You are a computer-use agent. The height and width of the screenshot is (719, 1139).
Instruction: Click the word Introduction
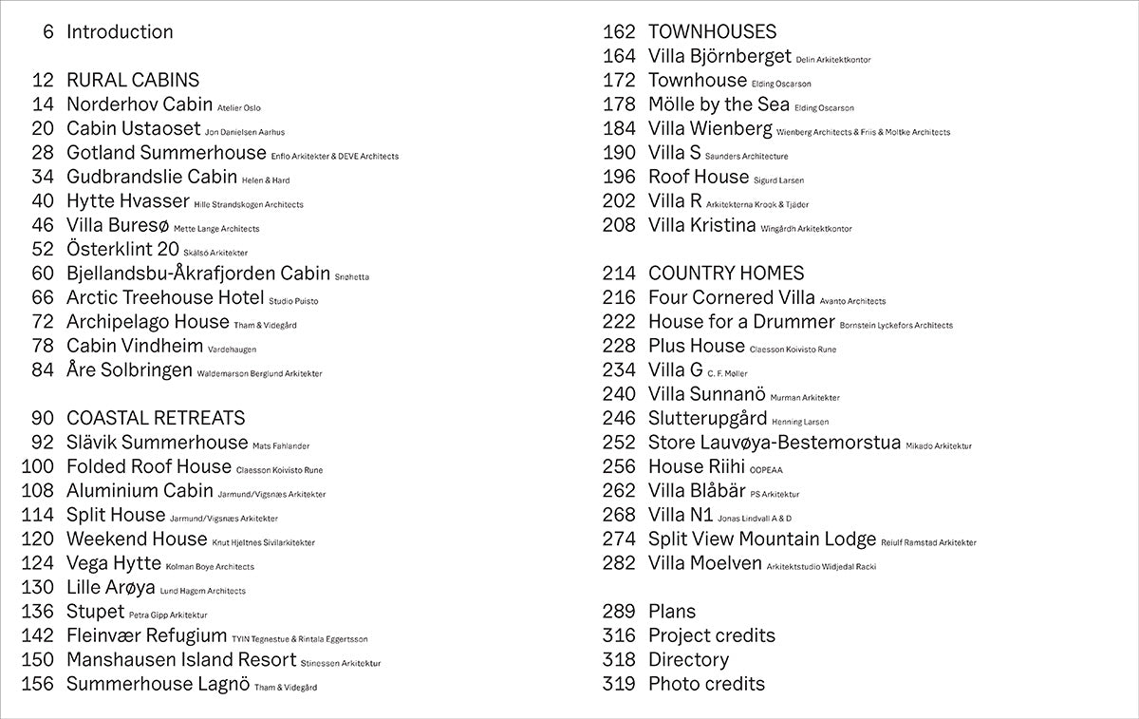click(120, 32)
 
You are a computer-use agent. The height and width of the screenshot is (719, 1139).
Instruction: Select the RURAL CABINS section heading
click(132, 81)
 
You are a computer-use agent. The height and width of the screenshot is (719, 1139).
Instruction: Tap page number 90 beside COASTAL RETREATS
click(43, 419)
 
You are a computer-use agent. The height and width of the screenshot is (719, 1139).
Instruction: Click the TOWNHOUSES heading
click(712, 32)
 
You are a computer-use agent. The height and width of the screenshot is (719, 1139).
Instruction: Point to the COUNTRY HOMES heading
click(726, 274)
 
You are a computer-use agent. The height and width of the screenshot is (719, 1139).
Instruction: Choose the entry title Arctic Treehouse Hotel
click(165, 298)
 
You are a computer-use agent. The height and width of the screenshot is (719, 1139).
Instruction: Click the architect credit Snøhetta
click(352, 277)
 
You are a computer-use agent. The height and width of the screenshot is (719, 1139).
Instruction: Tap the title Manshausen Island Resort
click(181, 660)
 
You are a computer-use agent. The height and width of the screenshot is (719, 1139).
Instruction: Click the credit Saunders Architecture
click(746, 157)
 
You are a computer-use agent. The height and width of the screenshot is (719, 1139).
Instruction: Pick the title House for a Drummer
click(741, 322)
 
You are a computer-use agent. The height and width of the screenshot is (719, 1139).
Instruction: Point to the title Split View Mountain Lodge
click(762, 539)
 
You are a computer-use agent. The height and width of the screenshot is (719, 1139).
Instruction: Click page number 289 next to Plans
click(619, 612)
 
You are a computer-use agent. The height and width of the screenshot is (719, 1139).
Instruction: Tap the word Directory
click(688, 660)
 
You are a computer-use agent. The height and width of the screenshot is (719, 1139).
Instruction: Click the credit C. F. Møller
click(728, 374)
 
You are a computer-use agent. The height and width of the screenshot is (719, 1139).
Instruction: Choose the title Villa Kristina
click(701, 226)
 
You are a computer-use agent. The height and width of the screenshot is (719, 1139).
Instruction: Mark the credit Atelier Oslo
click(239, 108)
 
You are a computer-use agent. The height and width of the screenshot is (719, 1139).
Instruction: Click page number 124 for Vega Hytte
click(37, 563)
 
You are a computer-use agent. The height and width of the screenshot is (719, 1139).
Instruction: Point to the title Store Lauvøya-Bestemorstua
click(775, 443)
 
